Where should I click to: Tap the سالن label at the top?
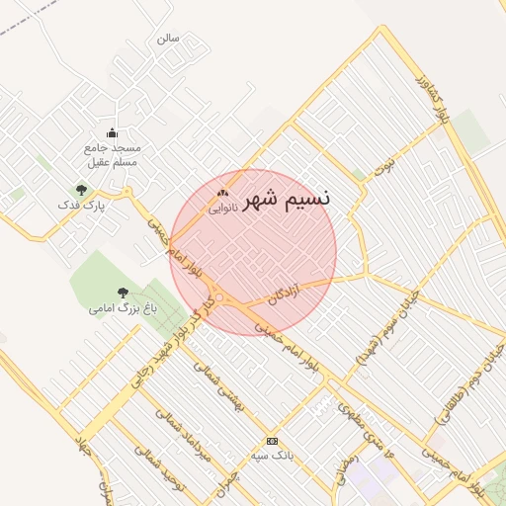168,39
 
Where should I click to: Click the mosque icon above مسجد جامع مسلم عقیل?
112,133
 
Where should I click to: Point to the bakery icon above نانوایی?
222,193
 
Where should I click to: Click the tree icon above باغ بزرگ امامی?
122,293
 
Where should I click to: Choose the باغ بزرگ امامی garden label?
117,308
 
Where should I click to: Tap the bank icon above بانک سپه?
273,441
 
